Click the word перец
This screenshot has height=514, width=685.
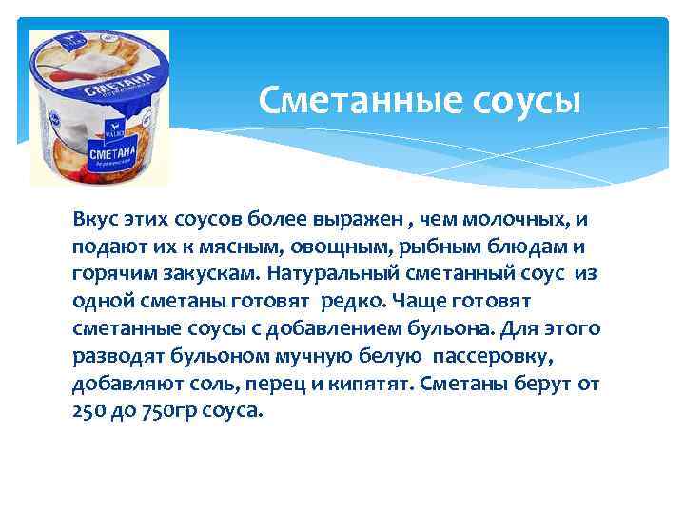[283, 384]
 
